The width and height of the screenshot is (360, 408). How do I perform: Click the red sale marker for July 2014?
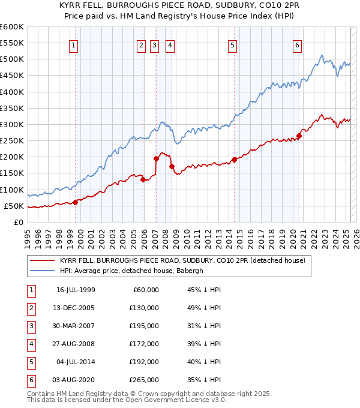[x=234, y=159]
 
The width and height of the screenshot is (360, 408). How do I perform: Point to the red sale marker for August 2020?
[x=299, y=136]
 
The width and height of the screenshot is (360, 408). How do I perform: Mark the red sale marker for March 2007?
[x=156, y=158]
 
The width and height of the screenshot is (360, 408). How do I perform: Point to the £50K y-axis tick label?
[x=14, y=206]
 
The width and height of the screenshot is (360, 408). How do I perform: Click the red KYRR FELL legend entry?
[x=182, y=260]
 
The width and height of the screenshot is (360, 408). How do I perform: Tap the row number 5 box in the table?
[x=30, y=362]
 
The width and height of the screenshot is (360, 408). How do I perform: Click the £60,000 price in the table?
[x=145, y=290]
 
